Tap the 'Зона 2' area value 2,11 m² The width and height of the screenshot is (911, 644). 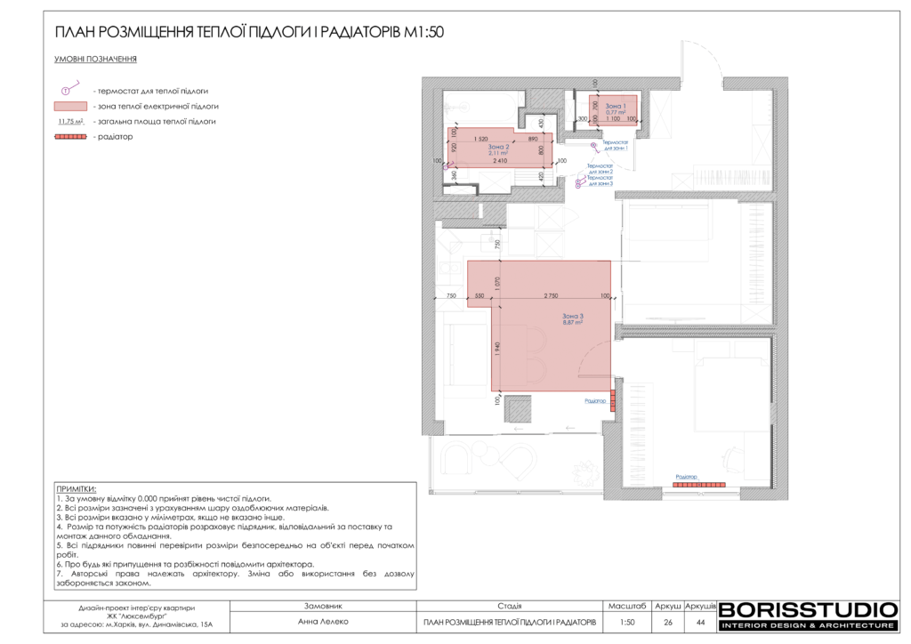498,153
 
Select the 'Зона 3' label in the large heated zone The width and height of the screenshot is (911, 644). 572,316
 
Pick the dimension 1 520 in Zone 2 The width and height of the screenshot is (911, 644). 481,139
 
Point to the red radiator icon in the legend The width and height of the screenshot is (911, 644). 70,137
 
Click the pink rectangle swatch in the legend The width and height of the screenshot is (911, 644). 70,106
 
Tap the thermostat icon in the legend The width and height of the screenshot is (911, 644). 67,91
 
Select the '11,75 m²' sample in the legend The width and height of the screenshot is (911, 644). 70,121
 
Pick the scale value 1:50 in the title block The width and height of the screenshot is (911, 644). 627,622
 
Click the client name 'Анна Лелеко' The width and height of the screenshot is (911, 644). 322,622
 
